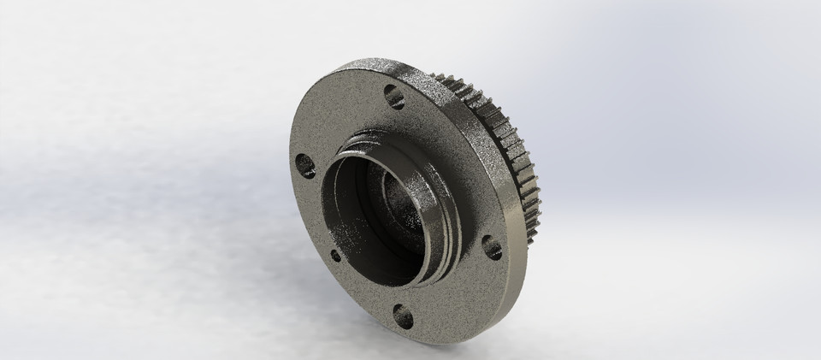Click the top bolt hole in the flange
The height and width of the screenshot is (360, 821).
[x=393, y=96]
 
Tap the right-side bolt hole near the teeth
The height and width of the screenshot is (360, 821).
[x=492, y=248]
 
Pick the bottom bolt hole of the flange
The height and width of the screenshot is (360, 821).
[x=402, y=317]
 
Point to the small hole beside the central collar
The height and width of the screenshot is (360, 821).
[x=335, y=254]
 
